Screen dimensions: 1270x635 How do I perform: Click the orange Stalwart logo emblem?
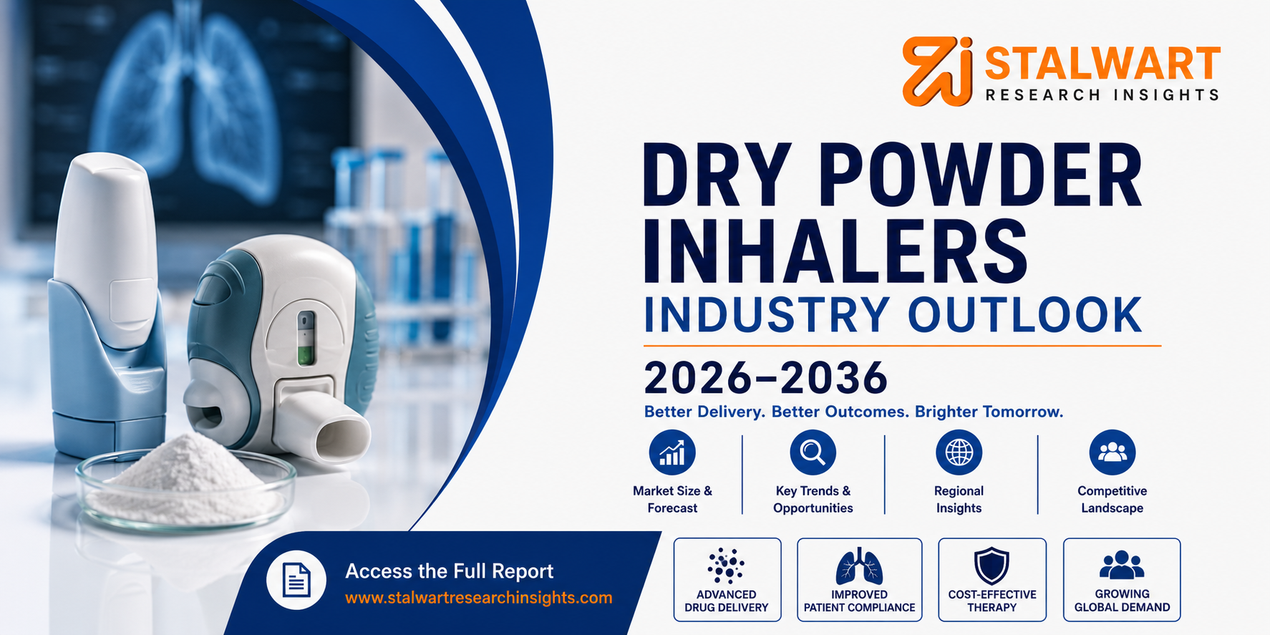pos(938,71)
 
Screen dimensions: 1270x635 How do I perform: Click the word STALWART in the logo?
pos(1102,64)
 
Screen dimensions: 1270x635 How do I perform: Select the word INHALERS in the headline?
pos(835,251)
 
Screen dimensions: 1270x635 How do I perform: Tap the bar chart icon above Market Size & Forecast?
pos(672,452)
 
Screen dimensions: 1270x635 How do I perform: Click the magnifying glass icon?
pos(813,452)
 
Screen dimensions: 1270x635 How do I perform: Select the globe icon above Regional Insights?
pos(959,452)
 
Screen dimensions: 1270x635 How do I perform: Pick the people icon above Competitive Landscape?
pos(1112,452)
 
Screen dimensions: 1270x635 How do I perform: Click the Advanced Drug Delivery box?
pos(727,580)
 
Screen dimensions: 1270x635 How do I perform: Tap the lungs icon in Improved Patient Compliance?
pos(859,568)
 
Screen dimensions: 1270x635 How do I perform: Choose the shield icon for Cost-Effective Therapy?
pos(992,566)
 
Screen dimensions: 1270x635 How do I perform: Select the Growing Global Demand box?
pos(1122,580)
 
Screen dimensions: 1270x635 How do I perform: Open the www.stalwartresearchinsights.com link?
pos(478,598)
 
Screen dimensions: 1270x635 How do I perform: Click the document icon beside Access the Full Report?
pos(296,580)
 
